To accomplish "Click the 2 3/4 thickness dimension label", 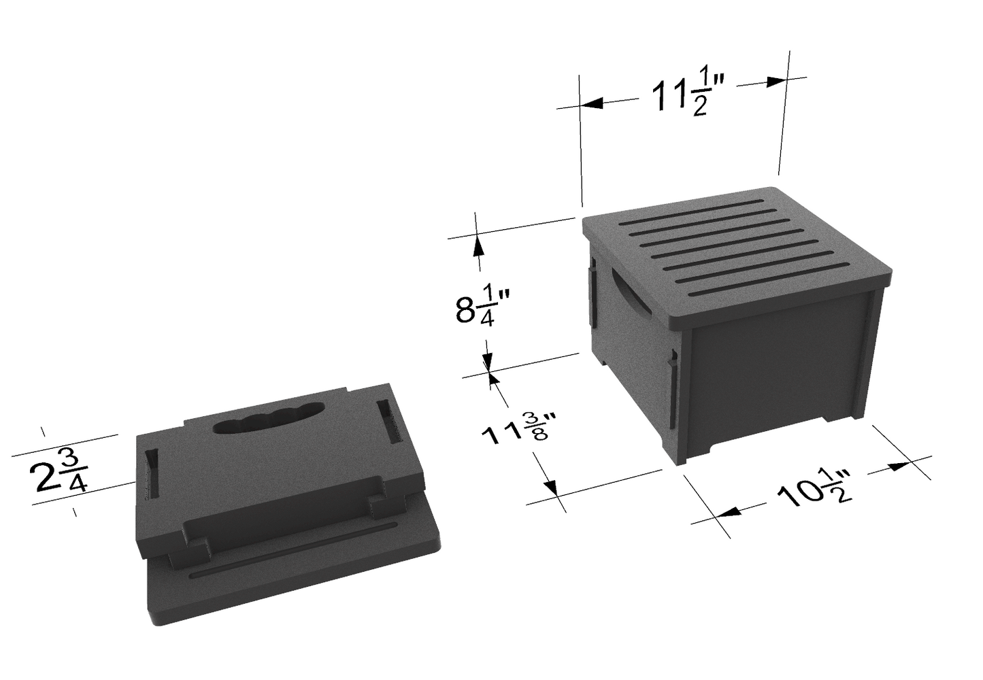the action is [59, 472].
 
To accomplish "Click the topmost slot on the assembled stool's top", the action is [692, 212].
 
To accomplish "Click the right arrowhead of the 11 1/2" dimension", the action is [776, 82].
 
